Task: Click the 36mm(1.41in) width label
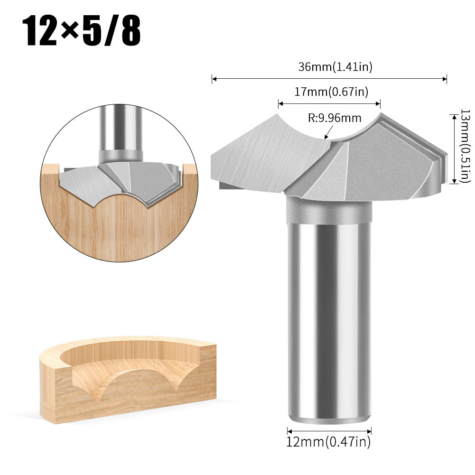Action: [x=335, y=67]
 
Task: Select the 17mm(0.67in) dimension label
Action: [x=330, y=92]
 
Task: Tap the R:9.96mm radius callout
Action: [x=334, y=118]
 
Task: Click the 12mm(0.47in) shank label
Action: [x=328, y=442]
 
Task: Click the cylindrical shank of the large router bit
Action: [x=329, y=323]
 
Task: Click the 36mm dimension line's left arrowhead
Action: [x=213, y=79]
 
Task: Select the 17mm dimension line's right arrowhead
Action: [x=379, y=103]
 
